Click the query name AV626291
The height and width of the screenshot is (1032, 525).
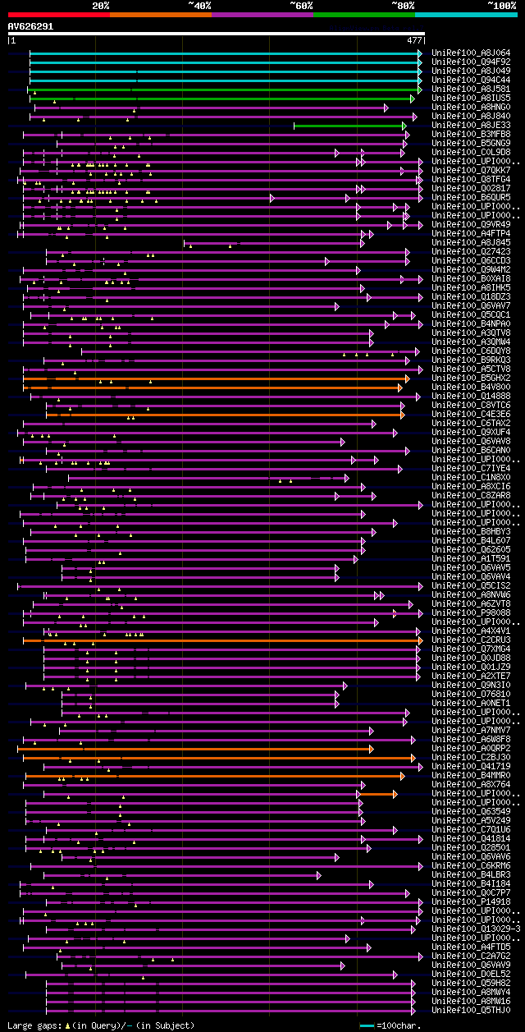31,26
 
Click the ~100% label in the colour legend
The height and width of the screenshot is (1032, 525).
500,5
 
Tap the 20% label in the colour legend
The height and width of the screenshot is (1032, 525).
101,5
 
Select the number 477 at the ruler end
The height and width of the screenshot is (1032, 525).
414,39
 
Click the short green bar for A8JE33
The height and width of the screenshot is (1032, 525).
349,126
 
